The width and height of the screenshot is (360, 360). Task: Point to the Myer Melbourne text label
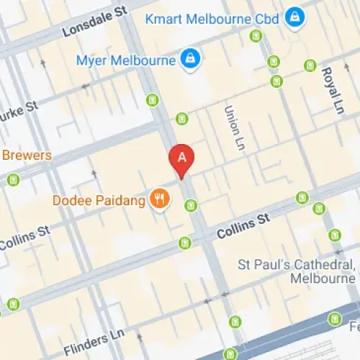click(126, 60)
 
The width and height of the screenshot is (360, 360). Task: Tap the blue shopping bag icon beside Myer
click(189, 60)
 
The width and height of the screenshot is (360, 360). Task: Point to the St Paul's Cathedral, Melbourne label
click(297, 271)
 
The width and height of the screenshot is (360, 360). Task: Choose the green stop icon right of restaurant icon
click(191, 206)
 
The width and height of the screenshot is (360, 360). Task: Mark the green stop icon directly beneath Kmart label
click(256, 35)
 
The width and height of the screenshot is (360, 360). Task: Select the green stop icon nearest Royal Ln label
click(310, 66)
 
